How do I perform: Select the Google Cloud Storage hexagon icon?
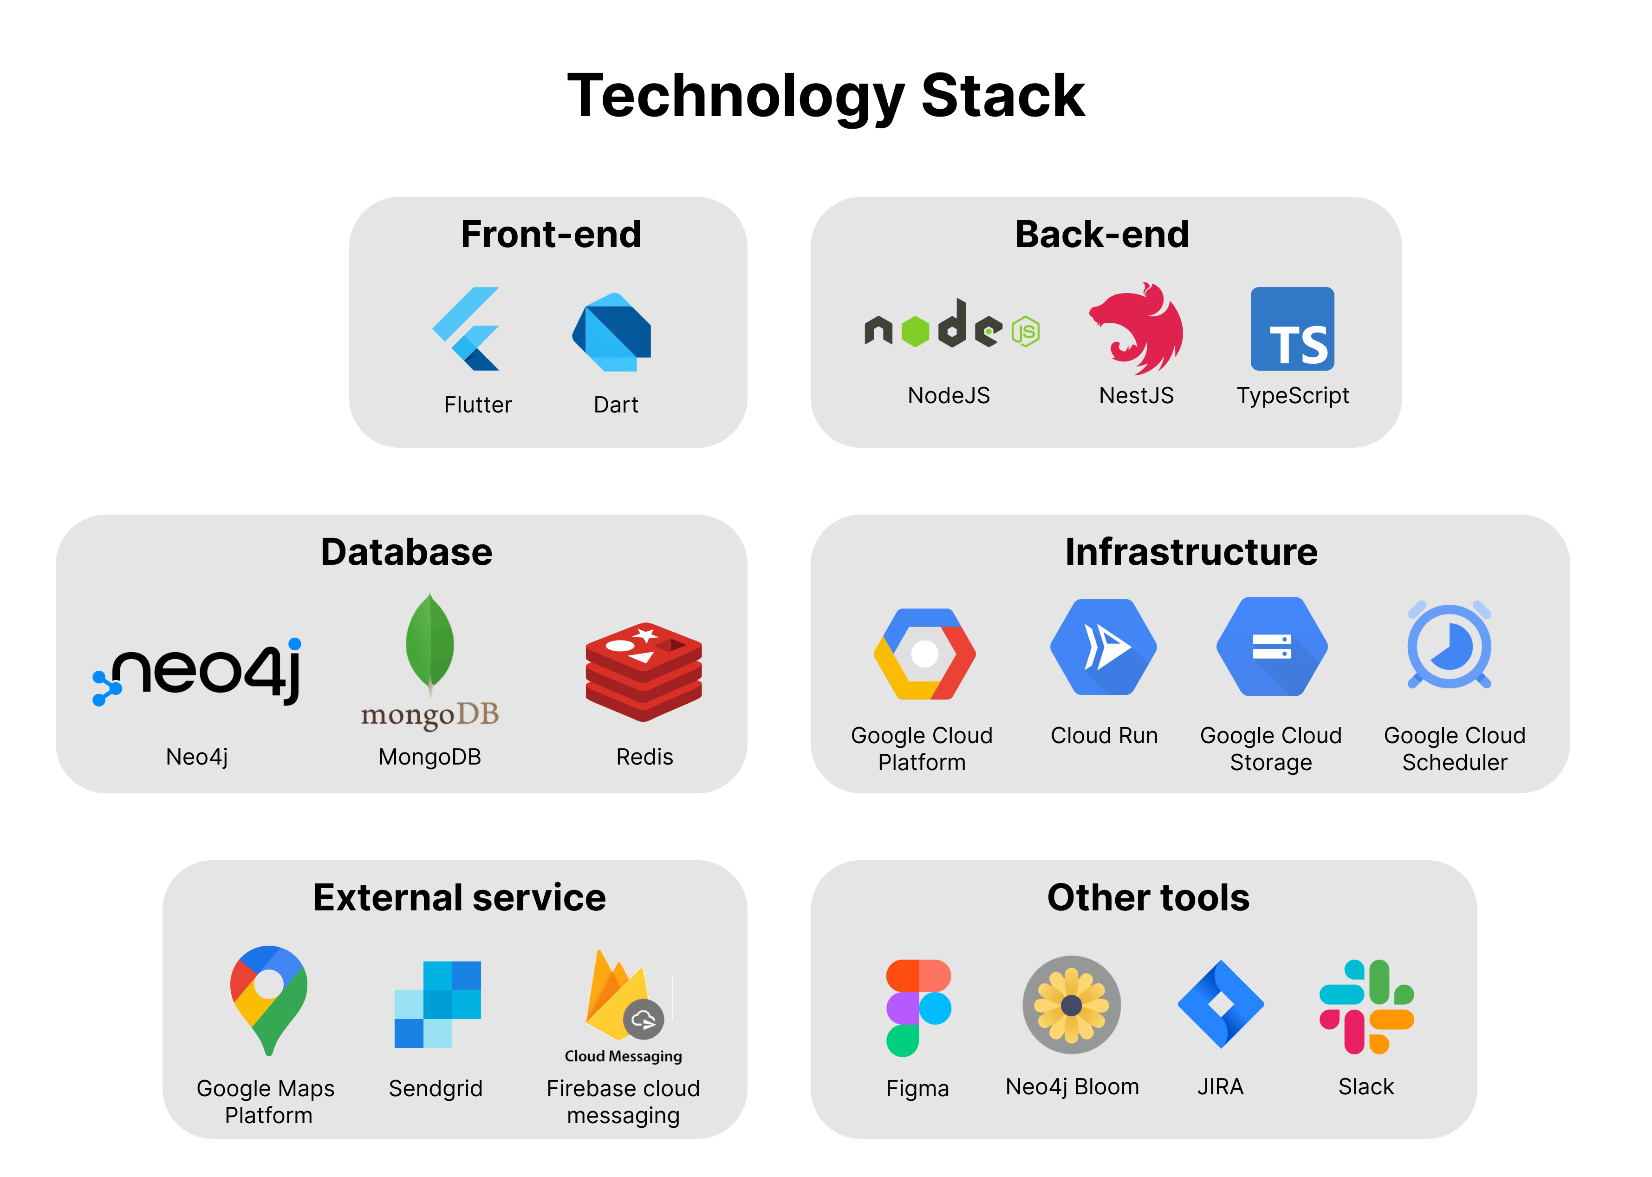point(1272,647)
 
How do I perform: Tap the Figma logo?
point(918,1007)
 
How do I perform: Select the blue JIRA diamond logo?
point(1221,1004)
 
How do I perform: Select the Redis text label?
point(644,757)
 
